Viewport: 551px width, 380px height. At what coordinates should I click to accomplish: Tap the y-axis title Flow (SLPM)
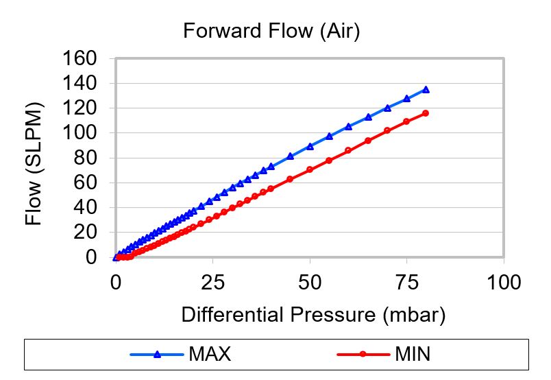point(34,164)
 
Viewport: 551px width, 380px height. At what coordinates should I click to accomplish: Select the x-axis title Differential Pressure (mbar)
point(314,315)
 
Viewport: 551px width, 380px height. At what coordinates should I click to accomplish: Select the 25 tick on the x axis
point(212,281)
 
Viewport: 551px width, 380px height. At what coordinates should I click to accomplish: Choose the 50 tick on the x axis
point(310,281)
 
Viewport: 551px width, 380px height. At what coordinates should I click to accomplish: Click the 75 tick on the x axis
point(407,281)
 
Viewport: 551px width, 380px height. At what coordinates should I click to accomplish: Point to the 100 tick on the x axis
point(504,281)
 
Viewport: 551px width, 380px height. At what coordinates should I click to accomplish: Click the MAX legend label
point(209,355)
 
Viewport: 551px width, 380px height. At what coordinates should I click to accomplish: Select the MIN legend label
point(413,355)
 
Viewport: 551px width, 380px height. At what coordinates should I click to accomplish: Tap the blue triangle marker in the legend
point(157,355)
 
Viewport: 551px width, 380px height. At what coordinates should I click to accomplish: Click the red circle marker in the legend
point(364,355)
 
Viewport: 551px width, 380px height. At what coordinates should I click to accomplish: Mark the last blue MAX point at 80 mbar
point(426,89)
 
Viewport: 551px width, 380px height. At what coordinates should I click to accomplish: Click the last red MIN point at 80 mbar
point(426,112)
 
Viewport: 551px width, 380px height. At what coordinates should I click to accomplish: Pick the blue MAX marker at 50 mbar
point(310,146)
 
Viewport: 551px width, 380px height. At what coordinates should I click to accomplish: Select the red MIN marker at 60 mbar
point(348,150)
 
